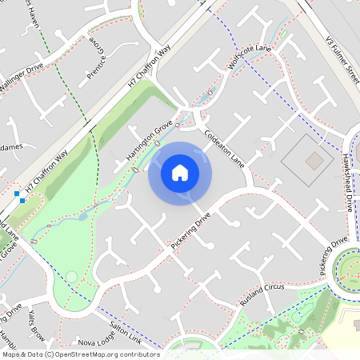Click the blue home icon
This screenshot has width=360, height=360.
[179, 173]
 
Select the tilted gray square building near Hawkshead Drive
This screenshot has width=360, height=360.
[315, 161]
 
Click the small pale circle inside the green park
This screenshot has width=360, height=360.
[71, 277]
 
